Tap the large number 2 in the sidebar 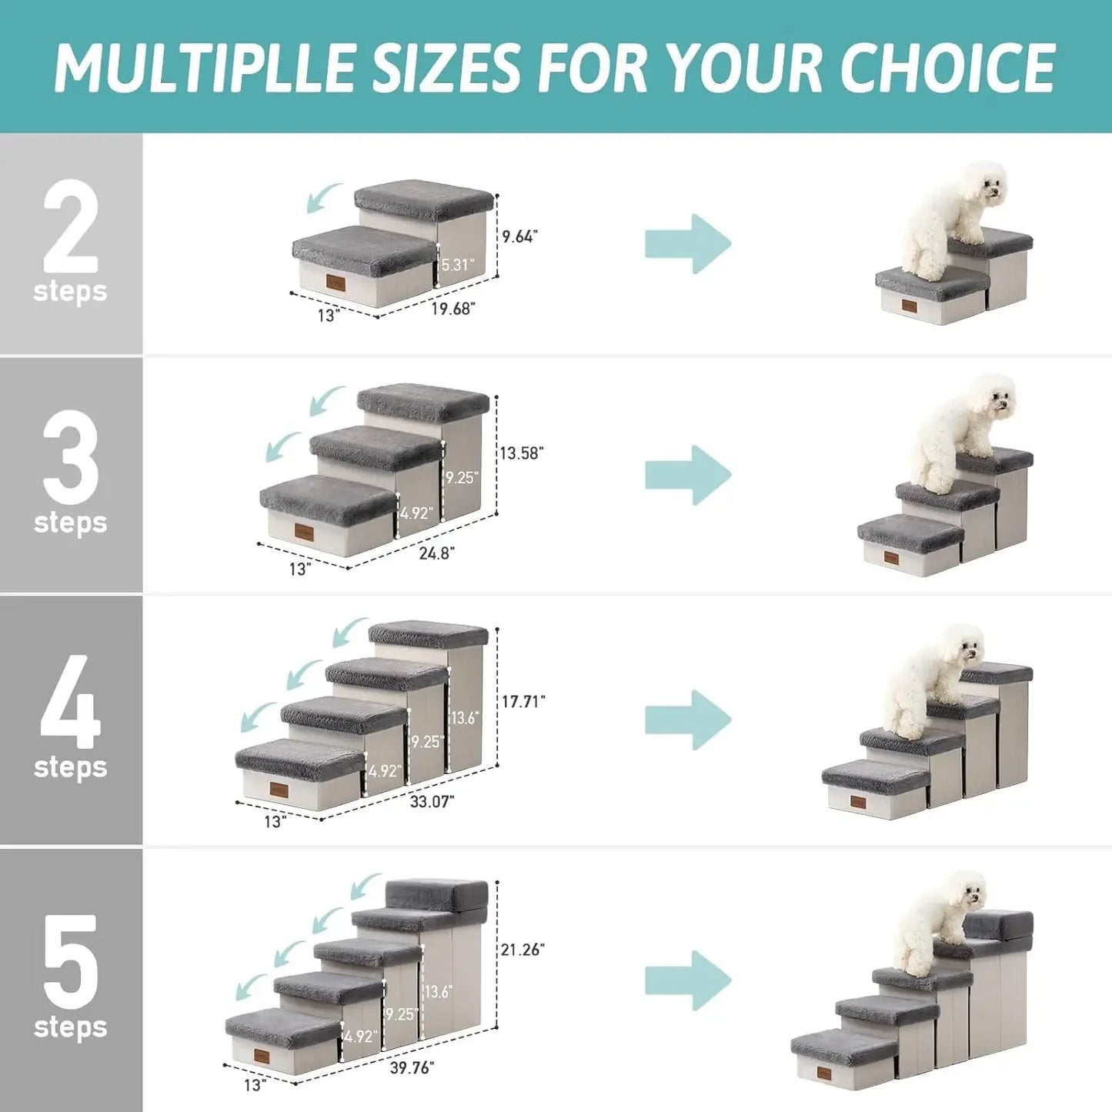coord(70,226)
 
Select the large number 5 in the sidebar coord(70,962)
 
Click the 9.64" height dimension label coord(519,236)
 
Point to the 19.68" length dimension coord(452,309)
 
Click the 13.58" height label coord(521,453)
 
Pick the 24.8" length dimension coord(436,553)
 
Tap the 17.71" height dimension coord(523,701)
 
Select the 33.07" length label coord(432,801)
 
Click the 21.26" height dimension coord(523,950)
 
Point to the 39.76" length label coord(412,1067)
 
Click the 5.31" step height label coord(458,265)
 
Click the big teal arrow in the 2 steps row coord(687,244)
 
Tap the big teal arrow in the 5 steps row coord(687,980)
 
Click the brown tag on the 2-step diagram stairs coord(336,283)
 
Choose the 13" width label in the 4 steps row coord(275,822)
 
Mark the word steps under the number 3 coord(70,523)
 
